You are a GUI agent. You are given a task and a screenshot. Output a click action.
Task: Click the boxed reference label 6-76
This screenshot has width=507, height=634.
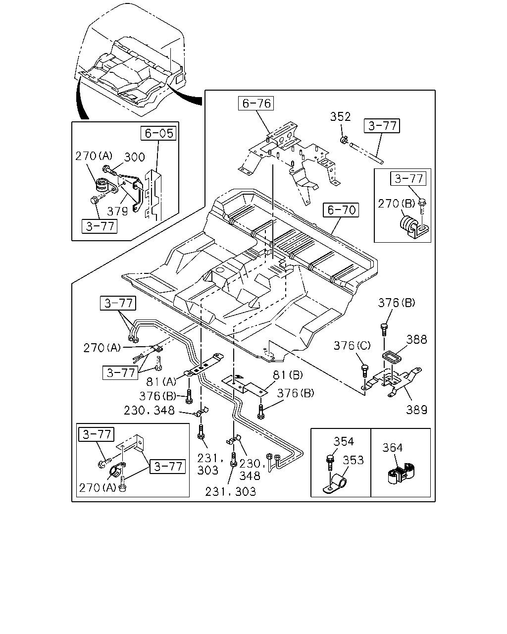tap(255, 104)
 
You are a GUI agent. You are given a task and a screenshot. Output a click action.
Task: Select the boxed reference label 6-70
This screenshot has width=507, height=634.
tap(341, 210)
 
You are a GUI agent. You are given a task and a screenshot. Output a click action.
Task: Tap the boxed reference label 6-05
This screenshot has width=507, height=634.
tap(158, 133)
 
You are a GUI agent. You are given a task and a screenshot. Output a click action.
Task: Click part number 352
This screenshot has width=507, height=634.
tap(340, 117)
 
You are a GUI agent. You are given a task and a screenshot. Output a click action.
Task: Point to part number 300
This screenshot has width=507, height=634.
tap(134, 157)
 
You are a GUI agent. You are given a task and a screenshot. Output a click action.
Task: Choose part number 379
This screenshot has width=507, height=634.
tap(117, 211)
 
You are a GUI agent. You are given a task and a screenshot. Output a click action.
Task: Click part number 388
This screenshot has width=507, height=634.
tap(416, 340)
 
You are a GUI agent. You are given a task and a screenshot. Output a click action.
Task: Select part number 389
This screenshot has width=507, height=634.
tap(416, 410)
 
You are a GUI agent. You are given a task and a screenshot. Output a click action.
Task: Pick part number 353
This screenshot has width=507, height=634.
tap(353, 460)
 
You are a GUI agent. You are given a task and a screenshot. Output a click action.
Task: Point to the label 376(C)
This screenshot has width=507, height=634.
tap(352, 345)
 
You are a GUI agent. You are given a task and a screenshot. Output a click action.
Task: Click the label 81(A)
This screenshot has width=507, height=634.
tap(161, 382)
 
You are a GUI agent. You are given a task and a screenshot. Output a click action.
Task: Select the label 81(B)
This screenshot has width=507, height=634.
tap(288, 375)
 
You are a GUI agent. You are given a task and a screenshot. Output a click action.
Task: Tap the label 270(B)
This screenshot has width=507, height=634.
tap(397, 204)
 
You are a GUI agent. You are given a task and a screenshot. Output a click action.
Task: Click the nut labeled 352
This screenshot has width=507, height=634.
tap(344, 139)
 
